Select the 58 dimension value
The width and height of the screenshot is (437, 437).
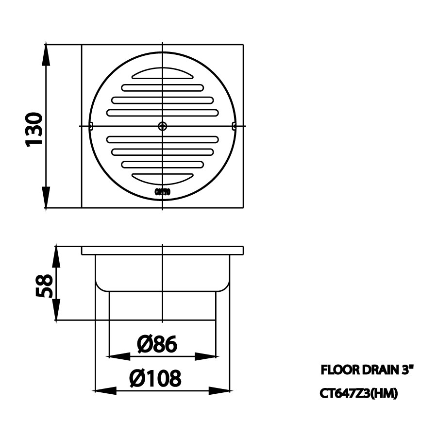pos(45,286)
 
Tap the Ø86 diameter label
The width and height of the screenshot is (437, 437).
pos(157,344)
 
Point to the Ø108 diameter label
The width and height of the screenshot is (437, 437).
pos(155,378)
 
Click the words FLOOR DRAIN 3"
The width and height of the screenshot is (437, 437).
pos(367,370)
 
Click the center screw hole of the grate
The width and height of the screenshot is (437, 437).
pos(162,126)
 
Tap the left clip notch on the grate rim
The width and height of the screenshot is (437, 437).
pos(91,126)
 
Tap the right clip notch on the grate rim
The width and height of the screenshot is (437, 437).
pos(234,126)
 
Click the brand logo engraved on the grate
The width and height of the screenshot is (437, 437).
pos(162,192)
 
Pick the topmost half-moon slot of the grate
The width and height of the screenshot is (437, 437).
pos(162,74)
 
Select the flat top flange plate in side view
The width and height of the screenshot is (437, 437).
pos(162,251)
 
